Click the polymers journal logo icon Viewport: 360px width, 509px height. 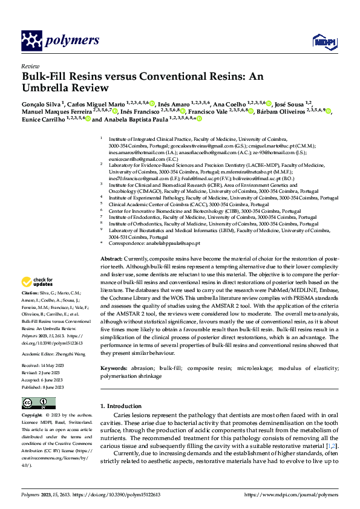(31, 41)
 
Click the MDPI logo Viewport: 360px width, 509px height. (321, 41)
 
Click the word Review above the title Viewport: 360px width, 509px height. (30, 66)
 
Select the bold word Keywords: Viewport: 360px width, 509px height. (114, 368)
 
